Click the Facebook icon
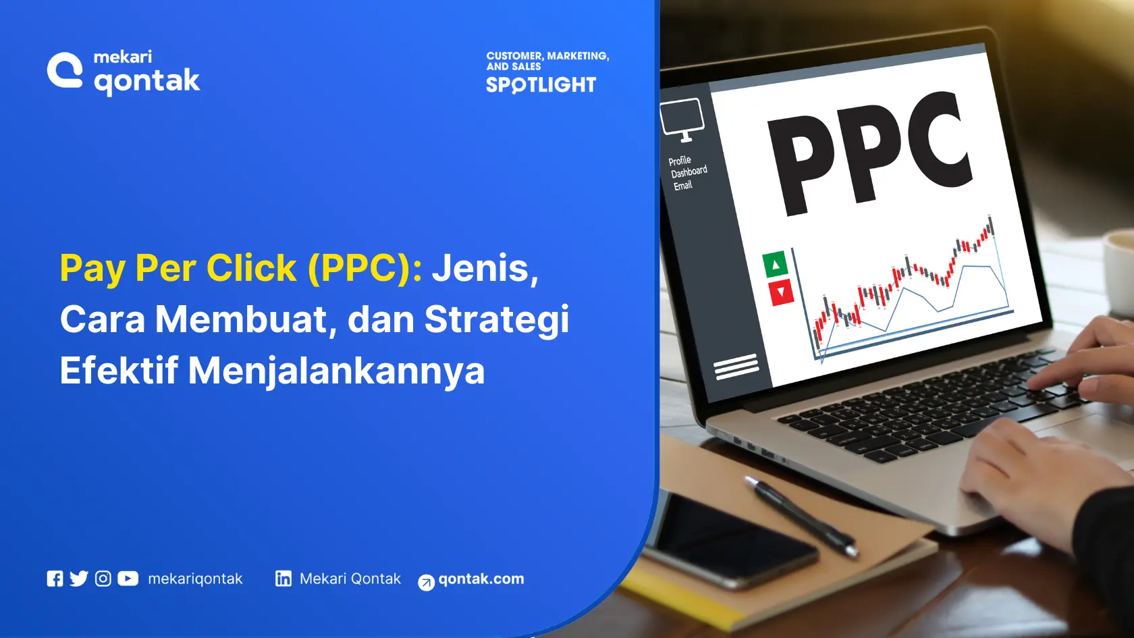click(55, 579)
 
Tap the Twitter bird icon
click(79, 579)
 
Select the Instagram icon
click(103, 579)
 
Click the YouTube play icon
click(128, 579)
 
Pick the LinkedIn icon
click(283, 579)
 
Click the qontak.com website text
click(481, 579)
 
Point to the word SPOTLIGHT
click(541, 85)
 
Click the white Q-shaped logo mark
click(65, 71)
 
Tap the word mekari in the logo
click(122, 57)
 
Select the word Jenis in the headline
click(485, 269)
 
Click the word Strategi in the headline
click(496, 320)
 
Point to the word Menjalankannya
click(336, 371)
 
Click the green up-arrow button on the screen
click(776, 264)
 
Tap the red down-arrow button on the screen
click(781, 293)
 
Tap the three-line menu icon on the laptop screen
click(736, 367)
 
